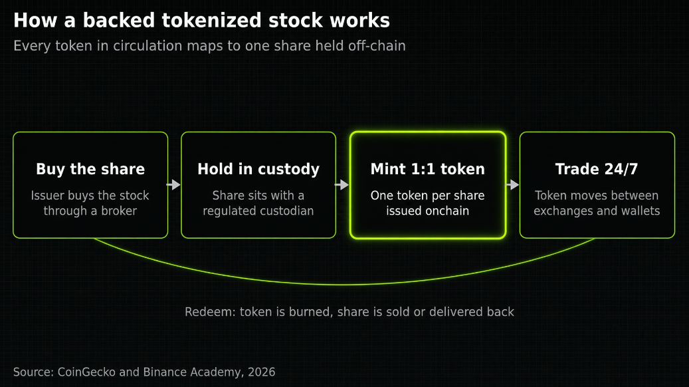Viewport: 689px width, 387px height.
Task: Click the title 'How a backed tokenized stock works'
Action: pyautogui.click(x=202, y=20)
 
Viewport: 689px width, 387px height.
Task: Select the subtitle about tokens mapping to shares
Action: pyautogui.click(x=209, y=46)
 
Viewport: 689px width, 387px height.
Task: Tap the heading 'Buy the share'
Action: pyautogui.click(x=90, y=169)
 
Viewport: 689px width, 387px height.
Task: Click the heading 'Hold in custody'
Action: pyautogui.click(x=258, y=169)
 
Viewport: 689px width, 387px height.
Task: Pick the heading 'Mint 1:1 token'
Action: pyautogui.click(x=427, y=169)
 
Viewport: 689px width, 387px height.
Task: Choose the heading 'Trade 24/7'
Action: pyautogui.click(x=597, y=169)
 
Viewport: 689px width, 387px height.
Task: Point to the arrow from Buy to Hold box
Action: pyautogui.click(x=174, y=185)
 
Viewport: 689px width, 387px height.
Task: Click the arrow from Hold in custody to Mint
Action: pyautogui.click(x=342, y=185)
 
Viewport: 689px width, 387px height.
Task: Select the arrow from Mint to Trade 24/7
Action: pyautogui.click(x=512, y=185)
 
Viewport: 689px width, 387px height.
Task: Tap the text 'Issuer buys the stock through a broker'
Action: pyautogui.click(x=90, y=203)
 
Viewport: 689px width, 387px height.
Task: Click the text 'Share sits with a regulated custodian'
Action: pyautogui.click(x=258, y=203)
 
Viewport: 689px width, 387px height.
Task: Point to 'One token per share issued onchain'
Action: pyautogui.click(x=427, y=203)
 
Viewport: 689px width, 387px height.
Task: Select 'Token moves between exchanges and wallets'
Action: pyautogui.click(x=597, y=203)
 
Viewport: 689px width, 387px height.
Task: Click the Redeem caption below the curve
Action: pyautogui.click(x=349, y=312)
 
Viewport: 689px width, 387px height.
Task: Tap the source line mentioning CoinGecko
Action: pyautogui.click(x=144, y=372)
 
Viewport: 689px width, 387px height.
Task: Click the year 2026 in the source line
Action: pyautogui.click(x=262, y=372)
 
